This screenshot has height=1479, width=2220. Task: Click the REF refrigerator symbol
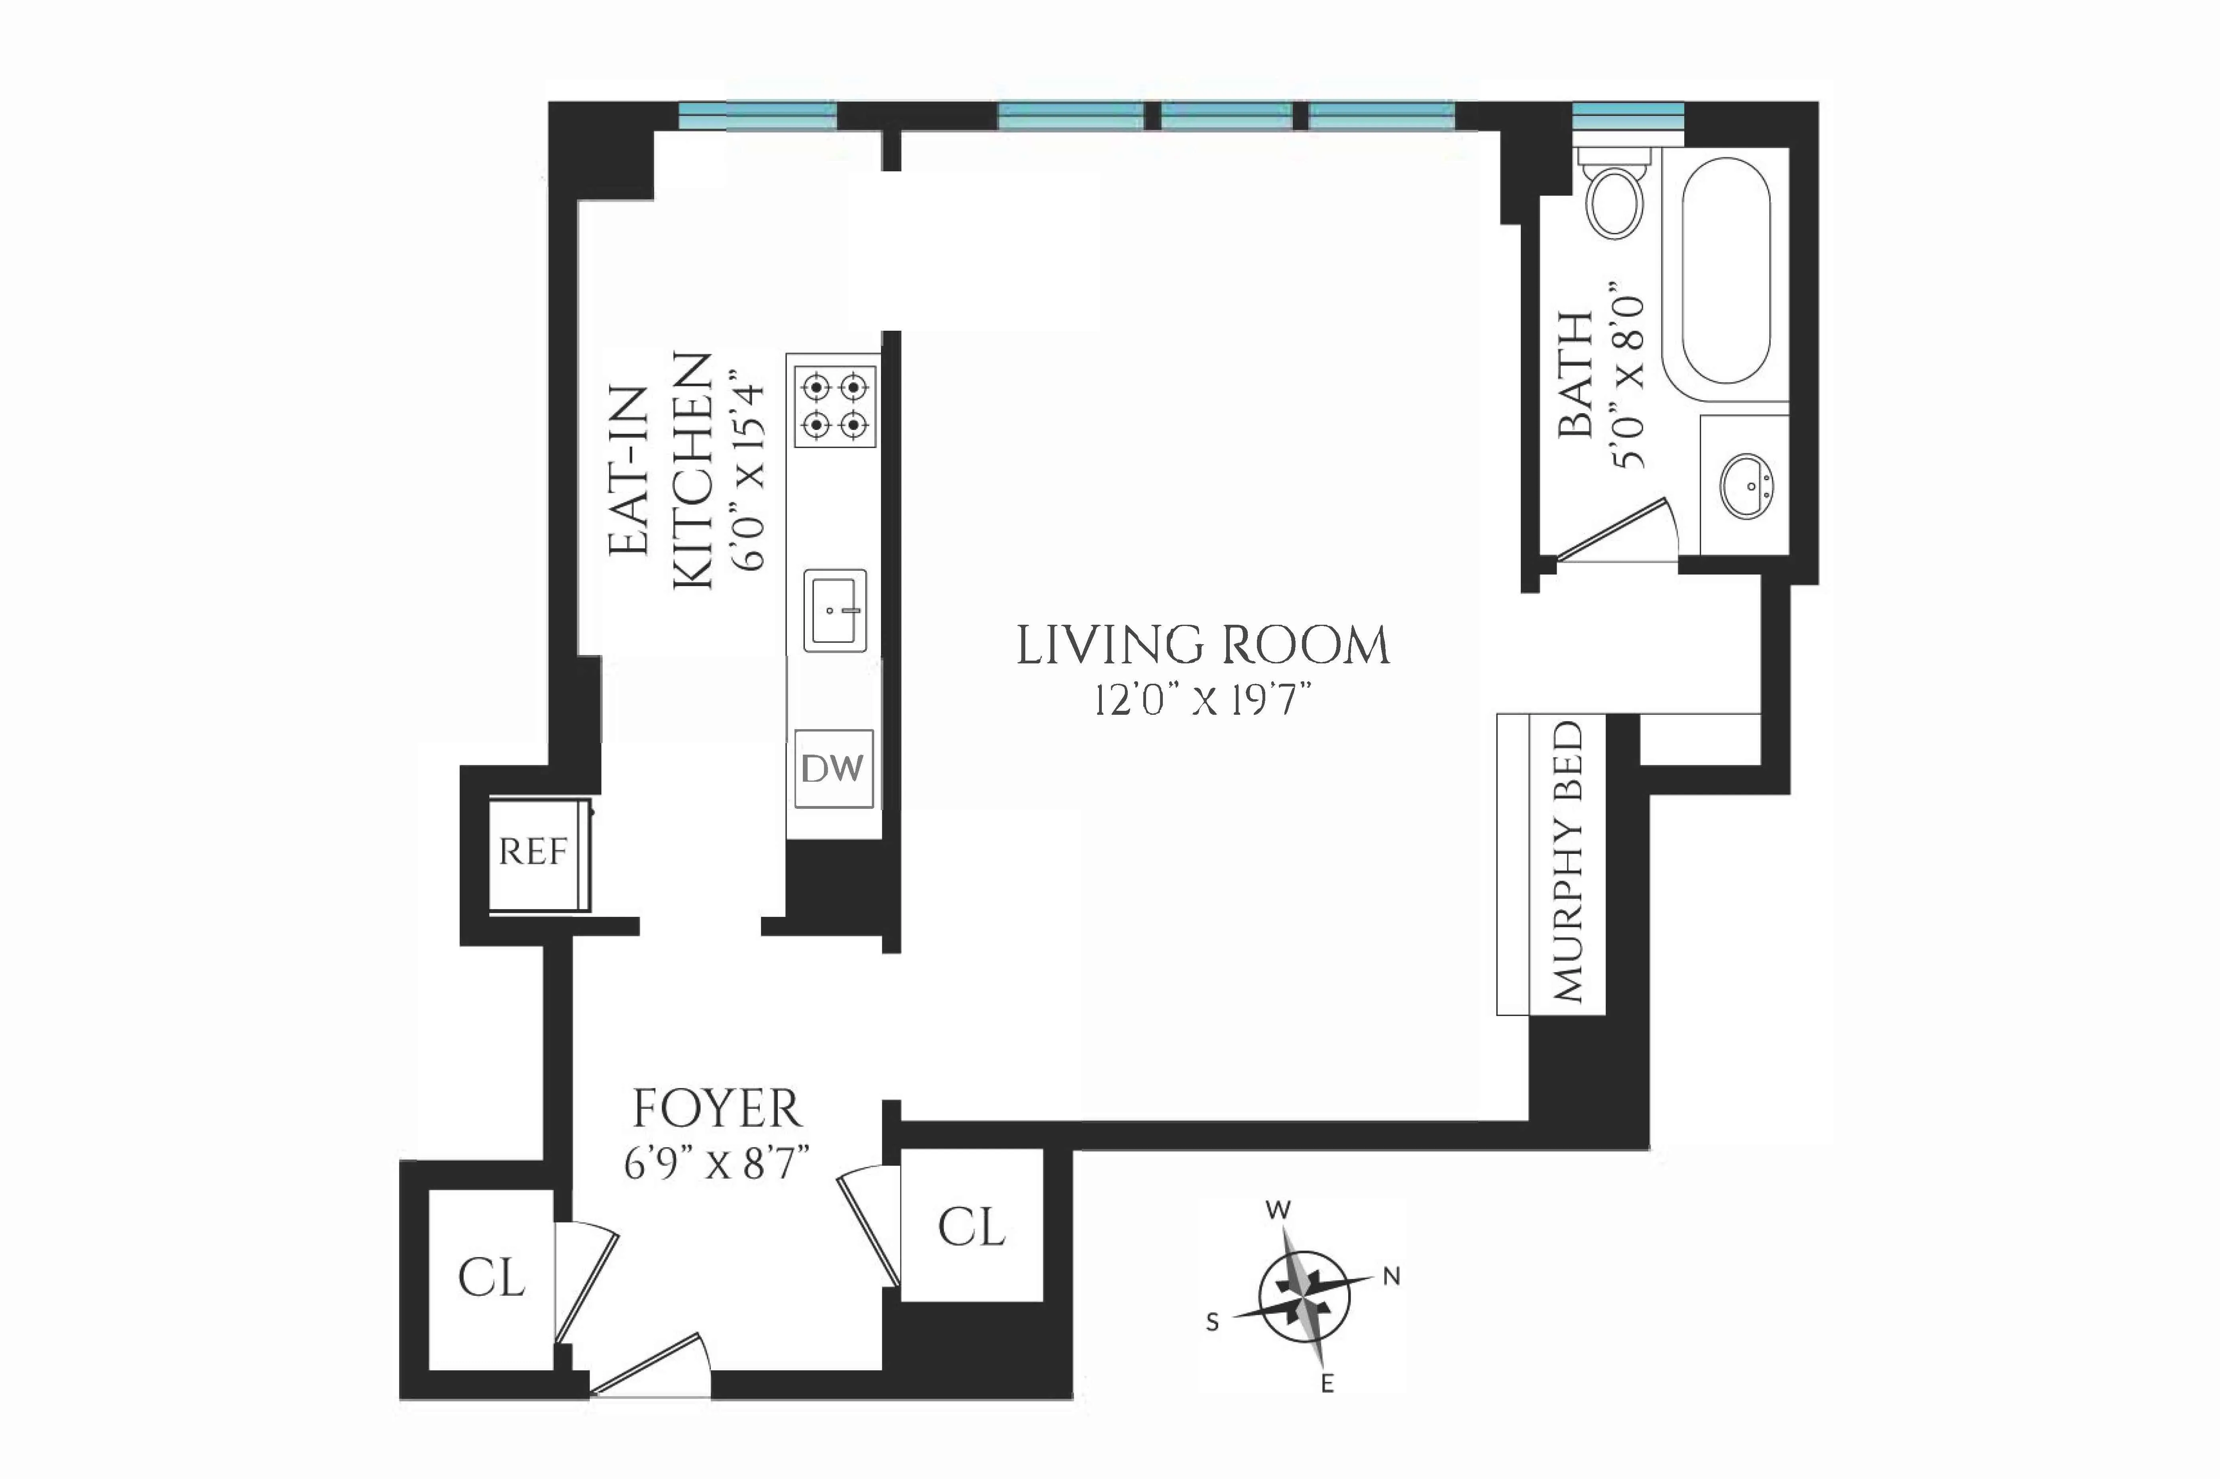click(x=534, y=853)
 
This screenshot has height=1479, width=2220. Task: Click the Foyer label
click(x=717, y=1109)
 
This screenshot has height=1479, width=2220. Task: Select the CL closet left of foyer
click(x=491, y=1279)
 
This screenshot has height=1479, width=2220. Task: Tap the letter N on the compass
click(x=1391, y=1277)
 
